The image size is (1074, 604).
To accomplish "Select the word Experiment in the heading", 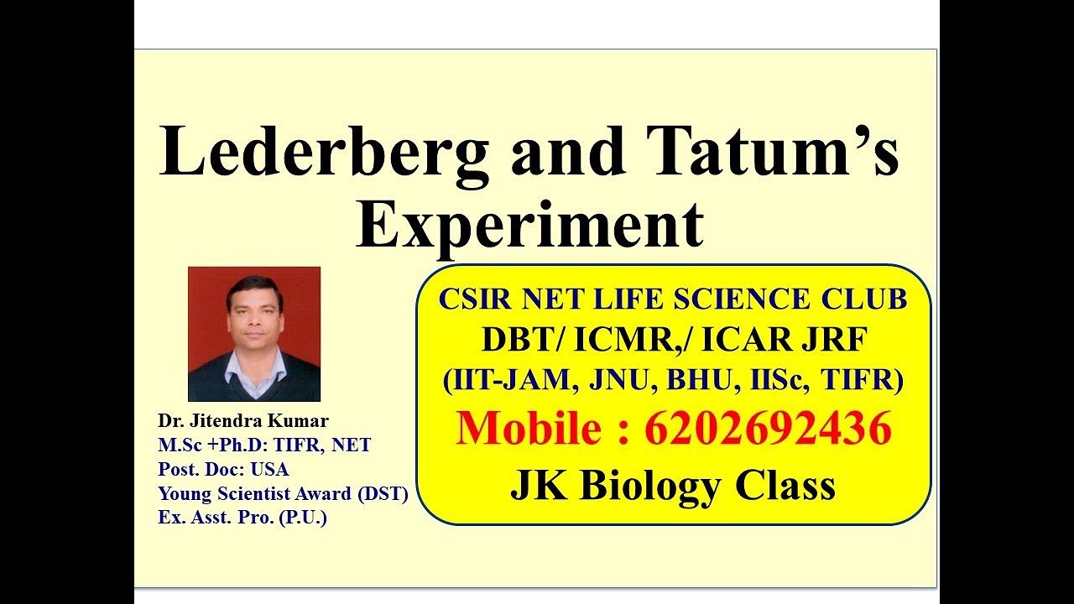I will (x=529, y=225).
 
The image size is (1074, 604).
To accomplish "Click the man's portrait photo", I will (x=254, y=334).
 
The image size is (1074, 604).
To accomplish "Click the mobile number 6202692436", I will (x=768, y=429).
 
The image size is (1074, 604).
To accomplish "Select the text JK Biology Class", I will (x=673, y=485).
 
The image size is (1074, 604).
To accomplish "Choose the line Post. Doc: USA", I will (x=223, y=470).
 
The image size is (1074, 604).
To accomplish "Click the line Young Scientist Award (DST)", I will (x=283, y=494).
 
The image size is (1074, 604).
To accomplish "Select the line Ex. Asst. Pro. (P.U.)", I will (x=242, y=518).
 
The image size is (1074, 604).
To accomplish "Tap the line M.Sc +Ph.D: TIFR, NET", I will (x=264, y=445).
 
